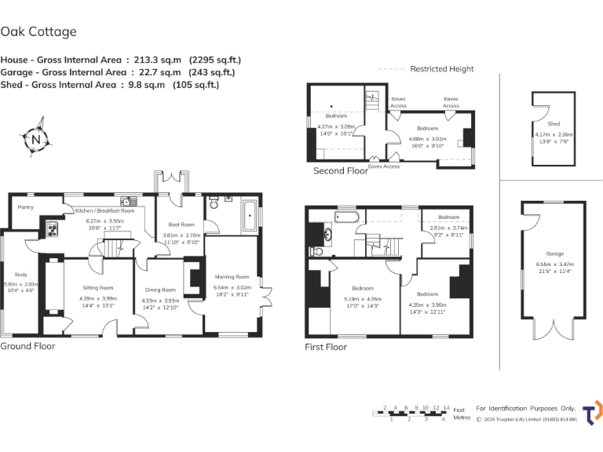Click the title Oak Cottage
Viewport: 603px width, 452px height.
pyautogui.click(x=38, y=32)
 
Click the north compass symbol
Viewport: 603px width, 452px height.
pyautogui.click(x=36, y=140)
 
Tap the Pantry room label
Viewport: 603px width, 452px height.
pyautogui.click(x=25, y=208)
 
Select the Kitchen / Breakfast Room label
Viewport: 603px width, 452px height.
pyautogui.click(x=104, y=211)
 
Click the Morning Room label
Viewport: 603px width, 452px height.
pyautogui.click(x=231, y=276)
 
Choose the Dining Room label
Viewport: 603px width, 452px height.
pyautogui.click(x=160, y=290)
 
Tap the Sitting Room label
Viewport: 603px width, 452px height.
pyautogui.click(x=97, y=288)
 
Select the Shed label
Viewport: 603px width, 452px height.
pyautogui.click(x=554, y=124)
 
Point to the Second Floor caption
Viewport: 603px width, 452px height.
pyautogui.click(x=341, y=170)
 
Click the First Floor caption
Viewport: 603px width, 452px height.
pyautogui.click(x=326, y=346)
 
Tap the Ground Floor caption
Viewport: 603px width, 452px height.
pyautogui.click(x=28, y=346)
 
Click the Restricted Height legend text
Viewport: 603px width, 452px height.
pyautogui.click(x=442, y=69)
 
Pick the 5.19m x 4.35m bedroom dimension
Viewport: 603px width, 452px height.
pyautogui.click(x=362, y=299)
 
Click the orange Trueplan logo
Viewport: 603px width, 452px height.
pyautogui.click(x=593, y=413)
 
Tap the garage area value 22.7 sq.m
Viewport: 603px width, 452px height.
pyautogui.click(x=148, y=72)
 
